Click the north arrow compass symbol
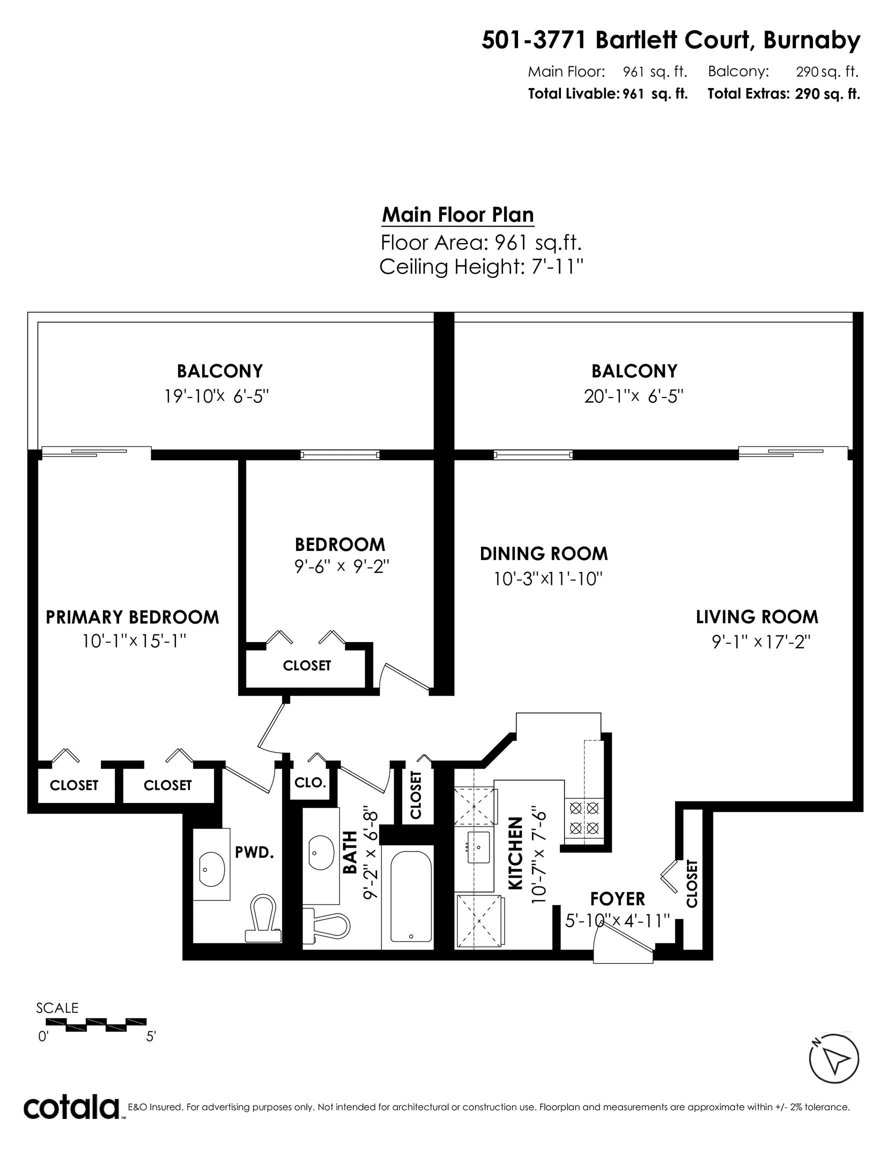[833, 1058]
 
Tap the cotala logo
[71, 1107]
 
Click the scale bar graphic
[96, 1024]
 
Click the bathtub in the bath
[411, 896]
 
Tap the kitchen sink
[478, 847]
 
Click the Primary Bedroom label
[132, 617]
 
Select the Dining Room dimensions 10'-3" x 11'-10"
[547, 579]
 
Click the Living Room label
[756, 616]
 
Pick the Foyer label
[617, 899]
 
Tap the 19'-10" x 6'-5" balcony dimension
[217, 395]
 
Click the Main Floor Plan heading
[457, 214]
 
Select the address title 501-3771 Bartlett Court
[670, 40]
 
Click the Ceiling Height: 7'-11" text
[481, 267]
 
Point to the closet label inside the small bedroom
[306, 665]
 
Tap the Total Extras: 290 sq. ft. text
[783, 94]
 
